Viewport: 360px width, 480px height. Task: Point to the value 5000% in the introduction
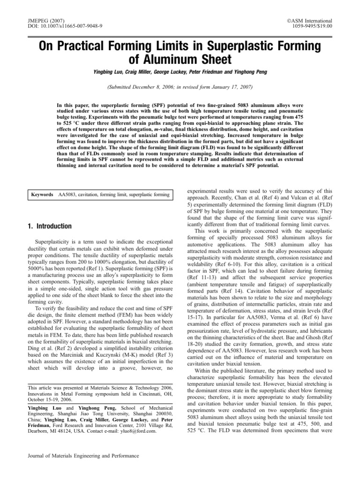click(x=39, y=270)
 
